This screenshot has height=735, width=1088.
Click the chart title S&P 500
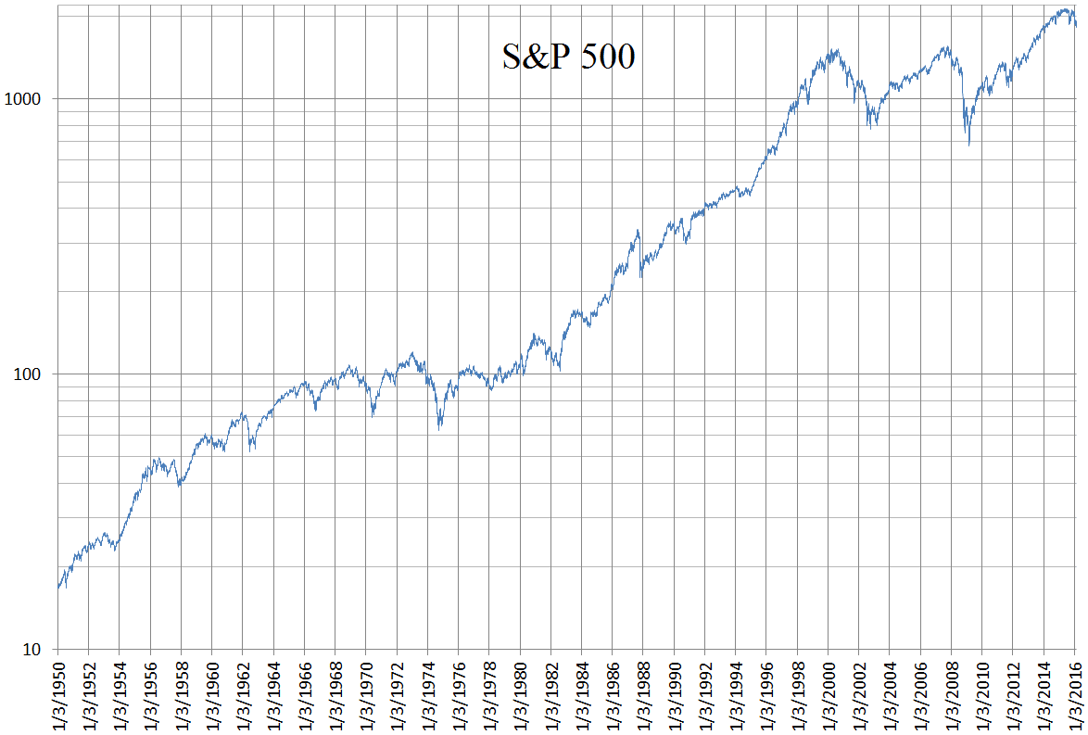(568, 57)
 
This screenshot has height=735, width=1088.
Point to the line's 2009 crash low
(969, 145)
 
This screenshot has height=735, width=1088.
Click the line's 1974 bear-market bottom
(440, 428)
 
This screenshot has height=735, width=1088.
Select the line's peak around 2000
(833, 49)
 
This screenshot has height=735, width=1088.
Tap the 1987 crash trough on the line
(641, 276)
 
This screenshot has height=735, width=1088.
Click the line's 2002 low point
(870, 127)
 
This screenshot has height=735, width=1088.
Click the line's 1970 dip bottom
(373, 416)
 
